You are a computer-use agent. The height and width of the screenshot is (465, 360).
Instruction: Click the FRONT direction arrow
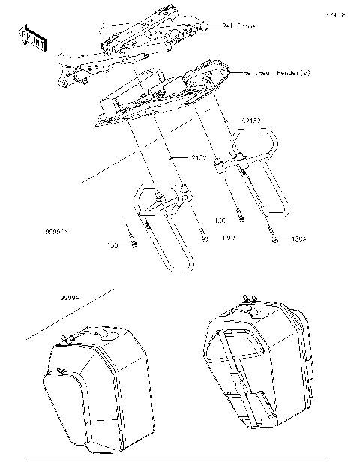point(32,37)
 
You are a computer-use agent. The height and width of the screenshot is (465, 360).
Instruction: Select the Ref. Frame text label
point(238,25)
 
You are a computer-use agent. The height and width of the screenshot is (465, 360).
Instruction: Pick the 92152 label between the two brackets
point(197,157)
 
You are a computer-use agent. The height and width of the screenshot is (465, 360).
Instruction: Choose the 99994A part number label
point(56,233)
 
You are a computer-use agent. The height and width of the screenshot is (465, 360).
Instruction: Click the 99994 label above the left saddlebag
point(70,298)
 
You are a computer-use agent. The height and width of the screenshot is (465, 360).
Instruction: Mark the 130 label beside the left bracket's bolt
point(114,245)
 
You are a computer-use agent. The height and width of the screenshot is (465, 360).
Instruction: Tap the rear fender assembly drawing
point(165,94)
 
